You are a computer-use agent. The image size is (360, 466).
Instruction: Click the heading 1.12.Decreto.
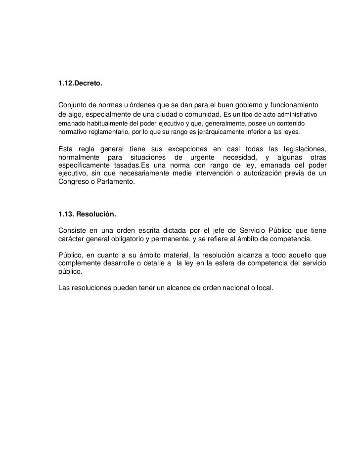[x=80, y=86]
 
